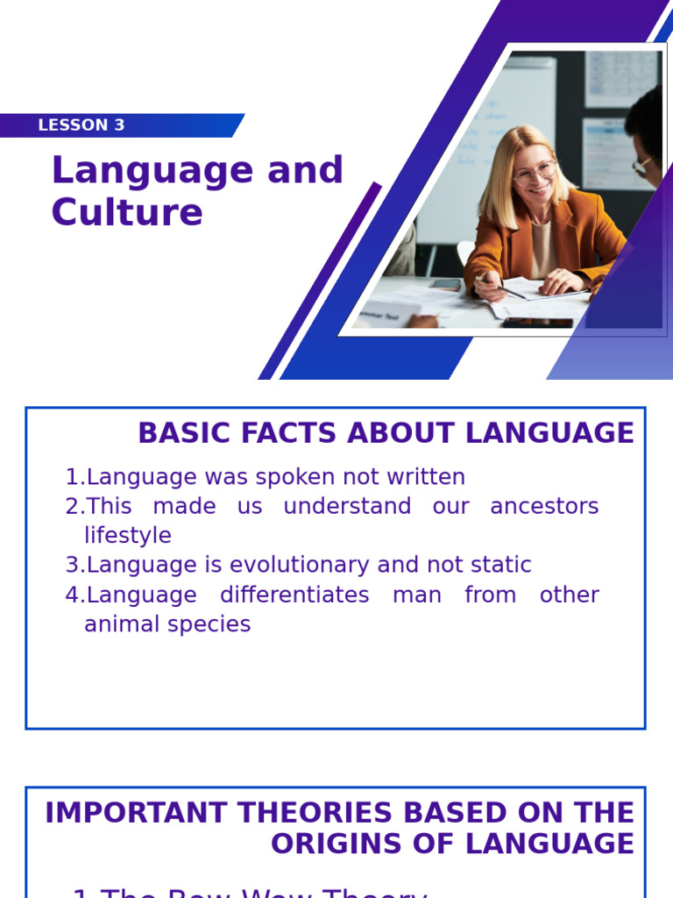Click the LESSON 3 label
(81, 125)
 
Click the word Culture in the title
(127, 212)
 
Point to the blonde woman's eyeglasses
(534, 172)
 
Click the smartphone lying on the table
(446, 284)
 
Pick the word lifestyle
(128, 535)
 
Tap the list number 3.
(73, 565)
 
